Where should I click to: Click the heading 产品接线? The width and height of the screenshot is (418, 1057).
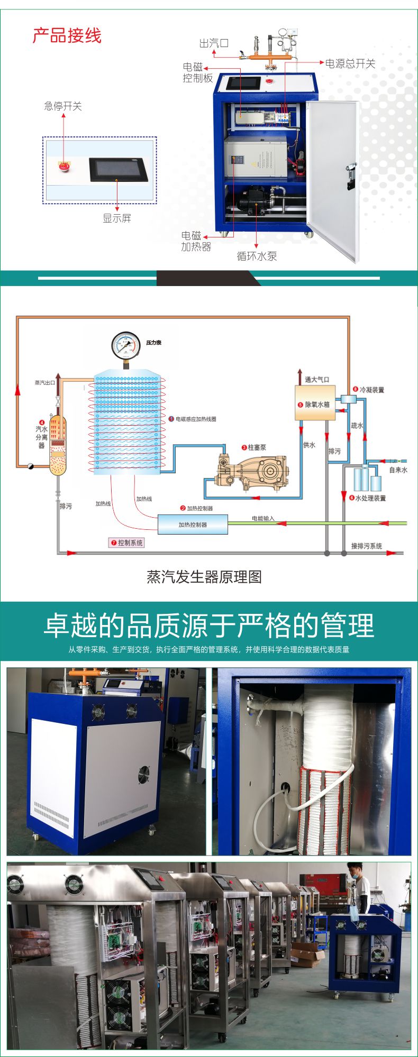click(67, 36)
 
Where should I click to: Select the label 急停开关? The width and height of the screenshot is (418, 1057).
click(63, 106)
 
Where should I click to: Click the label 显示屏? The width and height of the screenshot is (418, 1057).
click(117, 218)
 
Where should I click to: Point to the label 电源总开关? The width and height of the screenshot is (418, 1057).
click(350, 64)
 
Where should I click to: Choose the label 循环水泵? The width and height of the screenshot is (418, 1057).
click(257, 256)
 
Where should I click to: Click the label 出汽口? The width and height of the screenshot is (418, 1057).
click(214, 43)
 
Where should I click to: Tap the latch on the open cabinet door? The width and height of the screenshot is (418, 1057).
click(350, 176)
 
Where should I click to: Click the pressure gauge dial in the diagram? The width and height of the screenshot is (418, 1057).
click(126, 345)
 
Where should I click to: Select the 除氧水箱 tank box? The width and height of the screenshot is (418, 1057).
click(315, 403)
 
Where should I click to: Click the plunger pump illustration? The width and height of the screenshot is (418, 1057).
click(253, 469)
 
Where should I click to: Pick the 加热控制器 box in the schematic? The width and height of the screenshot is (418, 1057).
click(193, 525)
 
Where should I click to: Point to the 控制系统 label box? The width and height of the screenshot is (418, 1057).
click(126, 543)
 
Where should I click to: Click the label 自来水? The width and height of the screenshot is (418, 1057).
click(398, 470)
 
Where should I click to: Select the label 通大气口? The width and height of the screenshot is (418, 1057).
click(316, 380)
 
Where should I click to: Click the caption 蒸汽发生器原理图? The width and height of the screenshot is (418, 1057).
click(204, 577)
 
